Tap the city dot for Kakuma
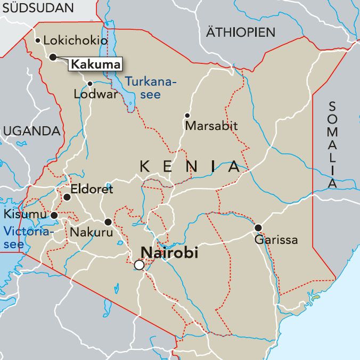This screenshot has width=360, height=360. tap(53, 57)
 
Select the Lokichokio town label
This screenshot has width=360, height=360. tap(75, 40)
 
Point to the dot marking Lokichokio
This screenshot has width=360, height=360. tap(37, 40)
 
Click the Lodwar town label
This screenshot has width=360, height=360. tap(96, 95)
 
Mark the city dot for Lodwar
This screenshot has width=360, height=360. tap(90, 84)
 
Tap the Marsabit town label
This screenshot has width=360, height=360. tap(211, 126)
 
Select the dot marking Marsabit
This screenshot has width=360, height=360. tap(187, 116)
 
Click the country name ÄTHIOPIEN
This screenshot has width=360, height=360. tap(241, 32)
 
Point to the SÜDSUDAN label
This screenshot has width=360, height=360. tap(36, 8)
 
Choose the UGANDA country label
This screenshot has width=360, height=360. tap(31, 131)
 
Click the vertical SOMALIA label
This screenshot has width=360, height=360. tap(332, 144)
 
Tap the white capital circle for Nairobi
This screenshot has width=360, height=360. tap(139, 265)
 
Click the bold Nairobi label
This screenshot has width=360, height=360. tap(169, 253)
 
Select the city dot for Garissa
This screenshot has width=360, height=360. tap(258, 228)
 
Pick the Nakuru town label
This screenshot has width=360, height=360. tap(91, 233)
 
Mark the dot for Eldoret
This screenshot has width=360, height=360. tap(67, 197)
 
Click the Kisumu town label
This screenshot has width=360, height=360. tap(25, 214)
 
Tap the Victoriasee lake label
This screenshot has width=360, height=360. tap(28, 238)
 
